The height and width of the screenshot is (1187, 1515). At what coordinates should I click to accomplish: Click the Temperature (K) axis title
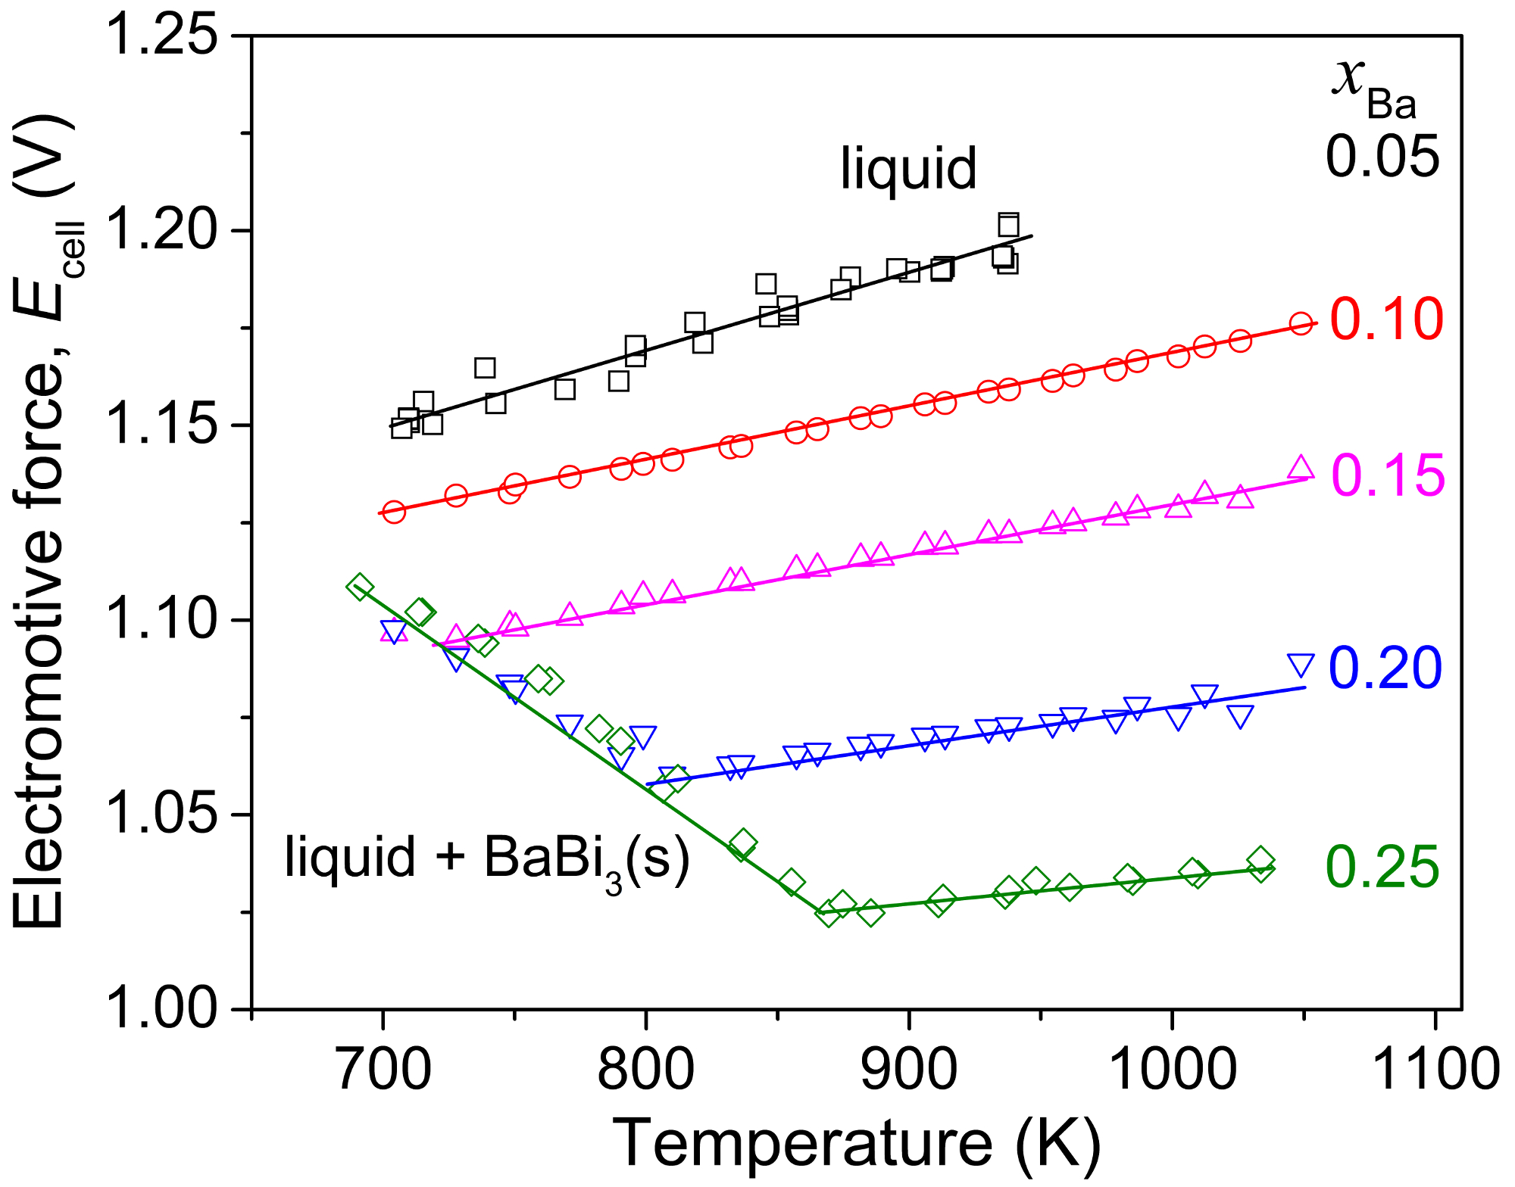pos(856,1143)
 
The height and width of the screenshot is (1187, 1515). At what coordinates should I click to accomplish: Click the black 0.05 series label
pos(1382,157)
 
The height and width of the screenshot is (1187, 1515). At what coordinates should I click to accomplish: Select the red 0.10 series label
pos(1386,319)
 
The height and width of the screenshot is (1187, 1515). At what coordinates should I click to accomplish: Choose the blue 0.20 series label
pos(1385,668)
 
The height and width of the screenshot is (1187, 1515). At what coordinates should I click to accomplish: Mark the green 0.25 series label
pos(1382,867)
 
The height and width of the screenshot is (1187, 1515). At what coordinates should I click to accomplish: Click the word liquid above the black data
pos(908,168)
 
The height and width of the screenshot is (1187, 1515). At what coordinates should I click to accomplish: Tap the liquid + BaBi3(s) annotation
pos(487,859)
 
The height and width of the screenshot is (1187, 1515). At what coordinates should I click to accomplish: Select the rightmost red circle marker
pos(1301,323)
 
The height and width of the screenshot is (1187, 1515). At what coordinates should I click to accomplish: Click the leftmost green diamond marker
pos(360,586)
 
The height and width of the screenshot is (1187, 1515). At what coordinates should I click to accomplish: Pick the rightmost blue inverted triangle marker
pos(1301,665)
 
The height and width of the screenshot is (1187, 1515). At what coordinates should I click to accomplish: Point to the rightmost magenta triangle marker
pos(1301,468)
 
